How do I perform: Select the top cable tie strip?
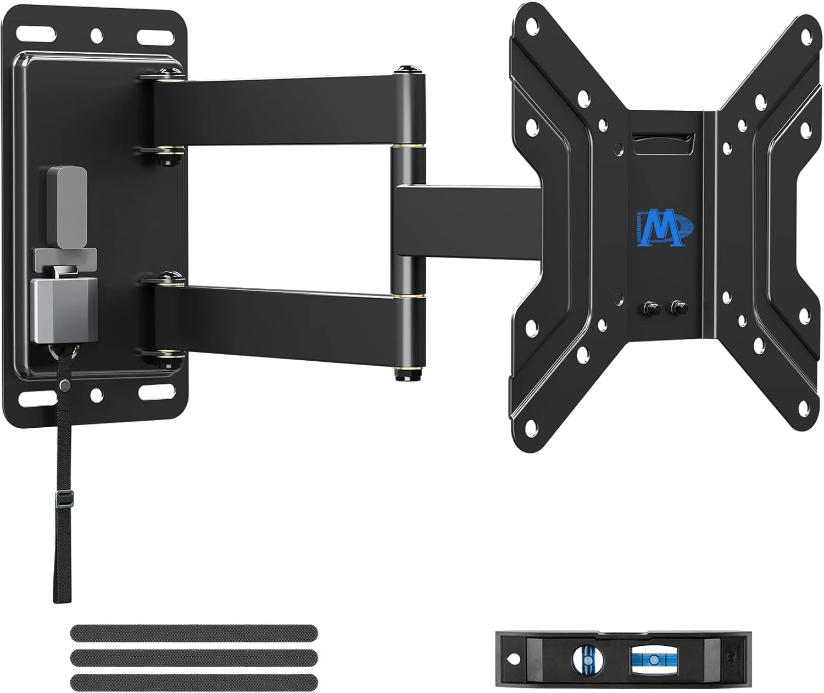click(194, 633)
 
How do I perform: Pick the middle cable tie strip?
click(194, 657)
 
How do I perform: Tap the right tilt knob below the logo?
click(677, 308)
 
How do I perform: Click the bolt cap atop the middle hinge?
click(407, 69)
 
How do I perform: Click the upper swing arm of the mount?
click(275, 113)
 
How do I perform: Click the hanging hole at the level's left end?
click(513, 657)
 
